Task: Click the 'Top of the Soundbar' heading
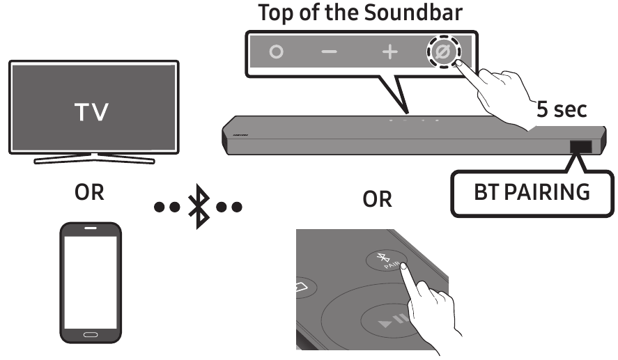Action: click(360, 13)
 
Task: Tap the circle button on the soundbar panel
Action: click(277, 52)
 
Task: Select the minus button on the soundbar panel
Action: click(329, 52)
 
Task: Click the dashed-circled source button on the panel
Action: click(443, 52)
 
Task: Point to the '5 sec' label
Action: click(562, 109)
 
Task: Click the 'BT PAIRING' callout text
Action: click(532, 192)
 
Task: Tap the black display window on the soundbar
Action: click(581, 146)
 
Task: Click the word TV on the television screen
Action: click(91, 112)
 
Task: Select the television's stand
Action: click(95, 158)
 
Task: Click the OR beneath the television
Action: click(89, 193)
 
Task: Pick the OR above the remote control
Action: click(377, 199)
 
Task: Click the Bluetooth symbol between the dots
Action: click(199, 206)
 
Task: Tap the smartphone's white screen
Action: click(91, 282)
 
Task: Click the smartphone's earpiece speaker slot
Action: click(91, 228)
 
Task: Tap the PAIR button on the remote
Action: click(386, 260)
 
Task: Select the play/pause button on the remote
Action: click(390, 321)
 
